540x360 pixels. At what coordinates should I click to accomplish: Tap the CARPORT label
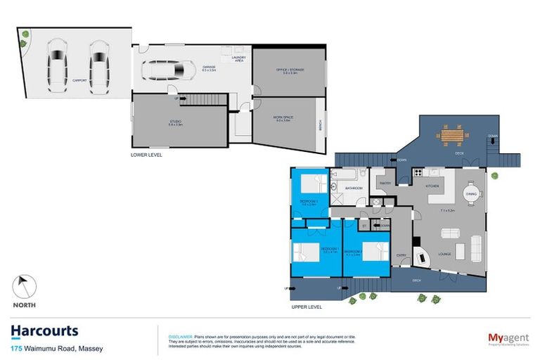coord(79,81)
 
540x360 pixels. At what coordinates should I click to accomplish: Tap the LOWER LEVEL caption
coord(146,155)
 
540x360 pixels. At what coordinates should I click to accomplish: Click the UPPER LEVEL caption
coord(306,307)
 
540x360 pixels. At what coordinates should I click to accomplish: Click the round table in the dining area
coord(471,193)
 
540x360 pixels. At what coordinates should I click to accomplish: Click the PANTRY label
coord(385,184)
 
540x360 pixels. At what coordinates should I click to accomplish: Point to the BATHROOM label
coord(353,188)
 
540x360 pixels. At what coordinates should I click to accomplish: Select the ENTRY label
coord(401,256)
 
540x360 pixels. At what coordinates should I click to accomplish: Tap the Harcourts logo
coord(44,331)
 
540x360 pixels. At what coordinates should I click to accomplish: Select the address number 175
coord(16,348)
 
